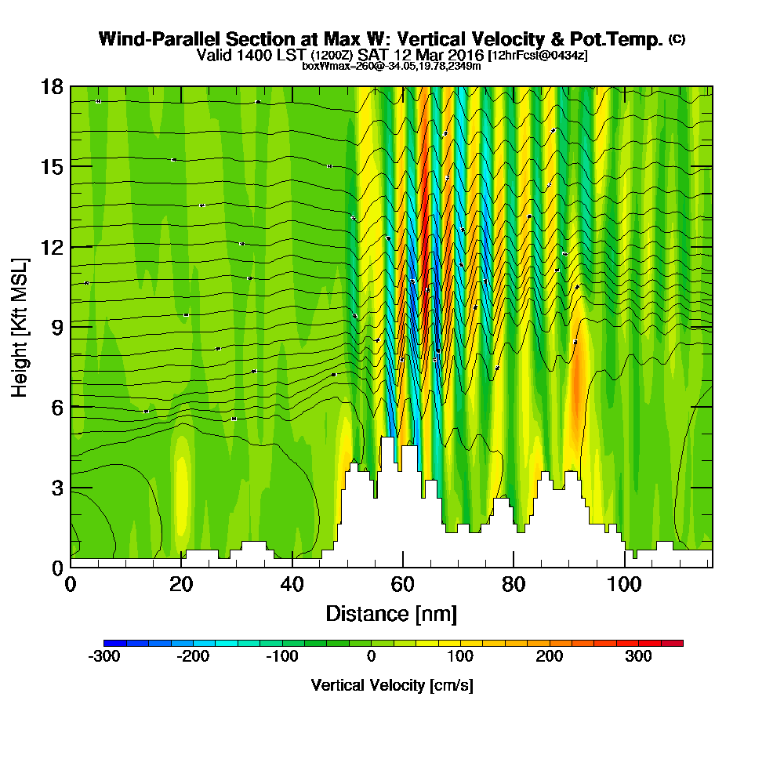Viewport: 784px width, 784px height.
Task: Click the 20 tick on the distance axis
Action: tap(181, 585)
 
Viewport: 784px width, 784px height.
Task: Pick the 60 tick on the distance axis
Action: tap(402, 585)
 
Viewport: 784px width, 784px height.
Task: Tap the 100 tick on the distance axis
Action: tap(624, 585)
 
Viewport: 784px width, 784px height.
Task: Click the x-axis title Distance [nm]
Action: tap(391, 613)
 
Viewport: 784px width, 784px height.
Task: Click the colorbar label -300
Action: tap(103, 656)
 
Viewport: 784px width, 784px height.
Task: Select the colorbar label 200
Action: tap(550, 656)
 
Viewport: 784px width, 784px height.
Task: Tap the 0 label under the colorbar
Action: tap(372, 656)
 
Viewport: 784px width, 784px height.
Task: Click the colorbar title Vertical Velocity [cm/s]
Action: tap(392, 685)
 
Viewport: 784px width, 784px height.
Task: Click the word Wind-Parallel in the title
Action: tap(147, 39)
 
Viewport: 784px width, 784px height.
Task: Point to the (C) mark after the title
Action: tap(677, 39)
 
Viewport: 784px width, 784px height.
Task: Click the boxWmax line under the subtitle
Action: tap(391, 66)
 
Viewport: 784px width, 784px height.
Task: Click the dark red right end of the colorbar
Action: tap(677, 643)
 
